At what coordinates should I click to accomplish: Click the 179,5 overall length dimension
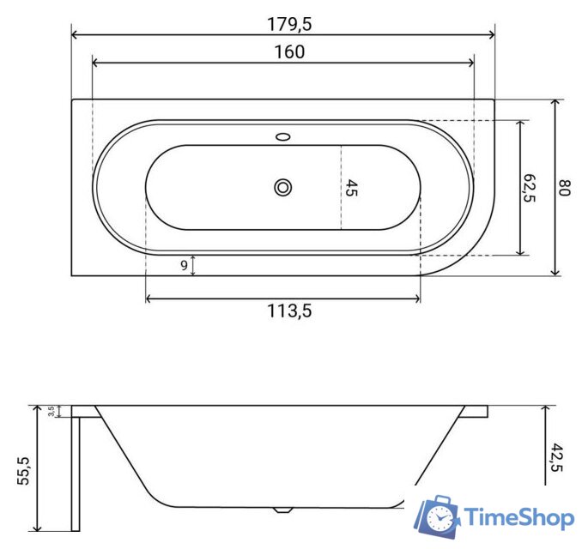click(289, 24)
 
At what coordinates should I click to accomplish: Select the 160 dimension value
click(289, 52)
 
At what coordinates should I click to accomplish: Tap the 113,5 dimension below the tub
click(289, 311)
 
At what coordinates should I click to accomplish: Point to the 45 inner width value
click(351, 188)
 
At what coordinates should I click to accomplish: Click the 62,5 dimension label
click(529, 188)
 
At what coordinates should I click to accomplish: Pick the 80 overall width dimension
click(564, 188)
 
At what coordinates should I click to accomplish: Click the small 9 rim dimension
click(184, 265)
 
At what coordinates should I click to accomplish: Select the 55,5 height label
click(23, 471)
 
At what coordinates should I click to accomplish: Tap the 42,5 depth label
click(556, 457)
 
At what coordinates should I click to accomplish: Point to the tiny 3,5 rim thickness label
click(52, 411)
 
